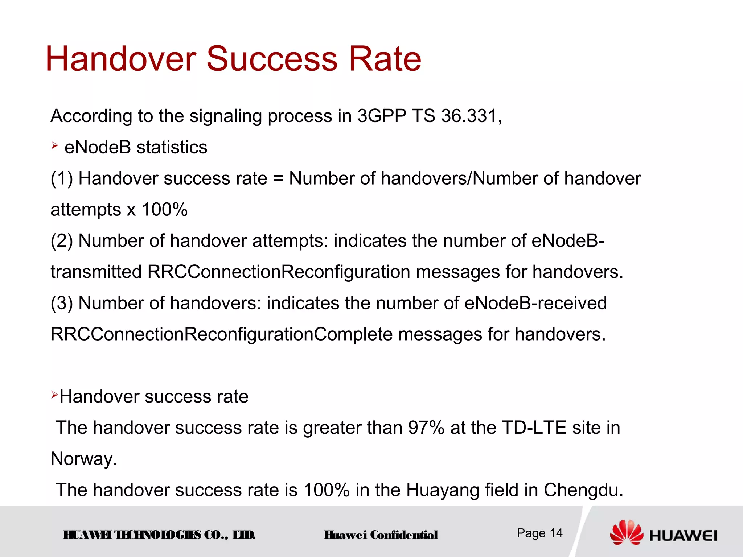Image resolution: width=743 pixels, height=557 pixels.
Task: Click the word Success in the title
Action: (x=272, y=59)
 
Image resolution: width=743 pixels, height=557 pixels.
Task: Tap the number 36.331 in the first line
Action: (x=471, y=116)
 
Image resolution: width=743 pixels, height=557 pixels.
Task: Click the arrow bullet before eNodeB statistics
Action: (x=54, y=146)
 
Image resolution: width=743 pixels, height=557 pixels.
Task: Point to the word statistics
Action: (x=172, y=148)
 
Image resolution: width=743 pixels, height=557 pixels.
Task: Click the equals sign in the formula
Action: (x=278, y=179)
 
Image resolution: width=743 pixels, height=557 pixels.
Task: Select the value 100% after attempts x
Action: (x=164, y=210)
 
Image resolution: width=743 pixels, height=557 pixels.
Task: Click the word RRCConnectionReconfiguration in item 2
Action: (x=279, y=272)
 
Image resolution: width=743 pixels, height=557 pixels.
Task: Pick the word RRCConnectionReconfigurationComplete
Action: (x=221, y=334)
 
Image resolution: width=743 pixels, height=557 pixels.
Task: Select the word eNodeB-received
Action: (x=535, y=303)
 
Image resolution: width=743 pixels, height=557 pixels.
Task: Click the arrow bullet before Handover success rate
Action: (x=54, y=395)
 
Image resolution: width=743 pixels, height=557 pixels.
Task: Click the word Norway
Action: (x=83, y=459)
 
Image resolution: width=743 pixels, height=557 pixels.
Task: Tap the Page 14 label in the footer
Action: (x=539, y=533)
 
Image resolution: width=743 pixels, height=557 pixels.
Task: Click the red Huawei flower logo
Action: (x=627, y=533)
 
